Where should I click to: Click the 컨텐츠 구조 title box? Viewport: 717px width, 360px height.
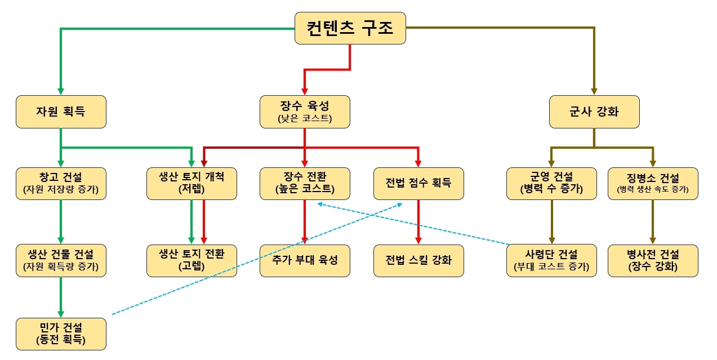click(350, 28)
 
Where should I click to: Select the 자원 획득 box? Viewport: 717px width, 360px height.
click(61, 112)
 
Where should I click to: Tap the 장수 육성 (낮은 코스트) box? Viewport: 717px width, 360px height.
click(305, 112)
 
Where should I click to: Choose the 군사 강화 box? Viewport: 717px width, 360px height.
click(594, 112)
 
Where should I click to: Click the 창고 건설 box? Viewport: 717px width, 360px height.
click(61, 183)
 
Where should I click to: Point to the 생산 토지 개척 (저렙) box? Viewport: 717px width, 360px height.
click(192, 183)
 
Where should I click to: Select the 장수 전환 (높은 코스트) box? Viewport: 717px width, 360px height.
click(305, 183)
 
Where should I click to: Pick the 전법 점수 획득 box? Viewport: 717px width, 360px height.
click(418, 183)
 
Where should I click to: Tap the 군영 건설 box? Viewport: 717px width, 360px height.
click(551, 183)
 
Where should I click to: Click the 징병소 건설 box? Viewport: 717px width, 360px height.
click(653, 183)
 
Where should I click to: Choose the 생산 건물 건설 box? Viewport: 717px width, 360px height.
click(61, 260)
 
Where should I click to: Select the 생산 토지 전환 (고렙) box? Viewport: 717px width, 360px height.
click(192, 260)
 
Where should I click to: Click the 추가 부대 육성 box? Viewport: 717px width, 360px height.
click(305, 260)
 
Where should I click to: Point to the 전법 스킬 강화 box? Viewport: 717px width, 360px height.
click(418, 260)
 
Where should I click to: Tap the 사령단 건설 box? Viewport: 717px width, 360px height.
click(551, 260)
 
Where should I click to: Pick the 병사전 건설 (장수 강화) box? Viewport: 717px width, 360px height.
click(653, 260)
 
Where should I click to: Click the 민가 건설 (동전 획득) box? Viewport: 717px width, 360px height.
click(61, 334)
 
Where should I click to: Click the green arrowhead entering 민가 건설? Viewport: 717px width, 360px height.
click(61, 314)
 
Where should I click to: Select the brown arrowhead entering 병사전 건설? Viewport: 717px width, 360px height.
click(653, 241)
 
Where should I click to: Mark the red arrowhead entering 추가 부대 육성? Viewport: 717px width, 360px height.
click(305, 241)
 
